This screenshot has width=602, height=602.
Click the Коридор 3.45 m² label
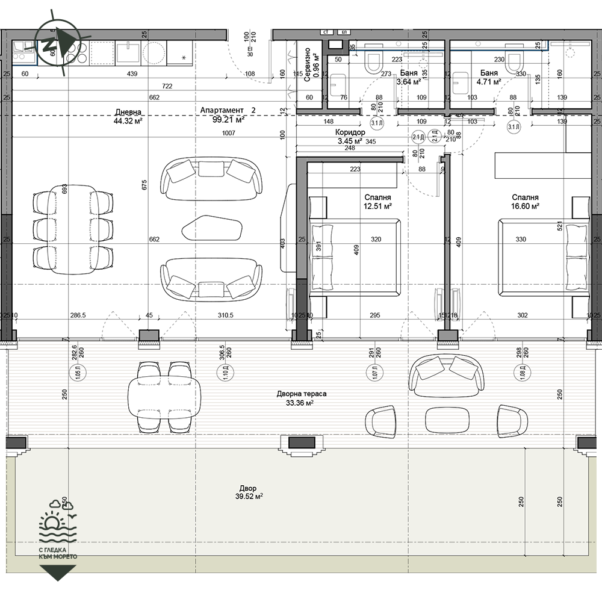pyautogui.click(x=350, y=136)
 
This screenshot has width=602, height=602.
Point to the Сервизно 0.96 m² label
pyautogui.click(x=311, y=64)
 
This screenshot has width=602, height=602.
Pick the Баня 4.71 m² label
pyautogui.click(x=488, y=78)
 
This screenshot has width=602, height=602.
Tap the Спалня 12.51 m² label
pyautogui.click(x=377, y=202)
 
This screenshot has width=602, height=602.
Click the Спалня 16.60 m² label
pyautogui.click(x=525, y=202)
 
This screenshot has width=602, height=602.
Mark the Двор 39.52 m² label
pyautogui.click(x=250, y=492)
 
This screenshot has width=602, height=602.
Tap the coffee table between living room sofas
pyautogui.click(x=212, y=228)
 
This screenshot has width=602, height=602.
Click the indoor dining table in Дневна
pyautogui.click(x=74, y=229)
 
